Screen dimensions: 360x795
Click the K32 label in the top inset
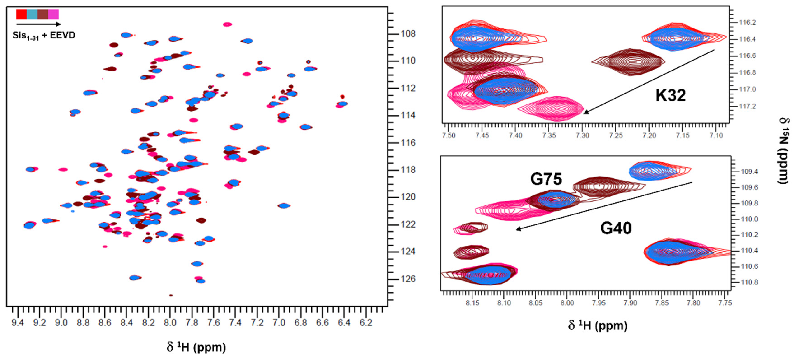click(x=670, y=95)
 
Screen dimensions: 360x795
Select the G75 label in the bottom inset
click(x=546, y=179)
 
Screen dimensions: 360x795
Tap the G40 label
click(x=616, y=228)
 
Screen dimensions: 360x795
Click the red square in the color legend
click(x=21, y=14)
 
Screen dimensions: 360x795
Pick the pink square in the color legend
click(x=53, y=14)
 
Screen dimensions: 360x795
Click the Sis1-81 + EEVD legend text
click(x=44, y=35)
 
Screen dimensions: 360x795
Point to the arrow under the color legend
click(x=38, y=24)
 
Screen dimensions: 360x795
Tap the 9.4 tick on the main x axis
click(x=18, y=323)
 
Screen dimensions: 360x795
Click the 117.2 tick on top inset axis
click(x=747, y=106)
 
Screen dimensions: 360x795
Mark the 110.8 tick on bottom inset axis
click(x=749, y=282)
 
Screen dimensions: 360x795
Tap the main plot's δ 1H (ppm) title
click(x=196, y=347)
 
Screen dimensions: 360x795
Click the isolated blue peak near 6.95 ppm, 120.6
click(x=284, y=206)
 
